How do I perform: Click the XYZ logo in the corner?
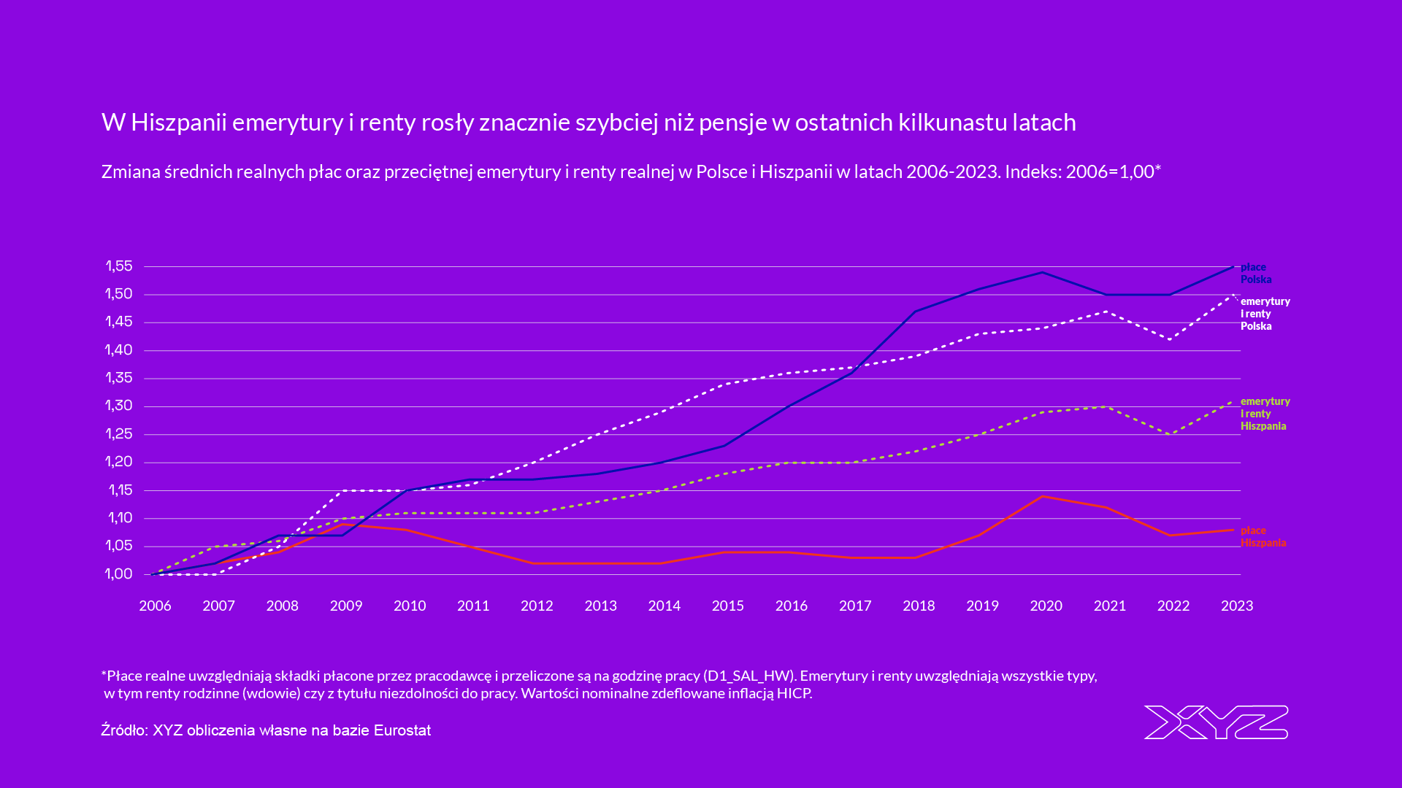1216,722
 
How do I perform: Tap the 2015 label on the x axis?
727,606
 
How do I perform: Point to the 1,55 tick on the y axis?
119,266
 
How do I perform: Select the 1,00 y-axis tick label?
119,574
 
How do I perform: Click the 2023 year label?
1236,606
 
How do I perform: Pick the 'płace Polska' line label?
1255,273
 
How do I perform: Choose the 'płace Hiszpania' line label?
1263,536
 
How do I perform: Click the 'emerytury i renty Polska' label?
1265,314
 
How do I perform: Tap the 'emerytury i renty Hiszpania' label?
1265,414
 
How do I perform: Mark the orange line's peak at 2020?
1042,496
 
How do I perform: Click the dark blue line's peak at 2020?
1042,272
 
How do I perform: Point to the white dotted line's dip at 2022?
1171,339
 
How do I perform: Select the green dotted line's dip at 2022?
1171,434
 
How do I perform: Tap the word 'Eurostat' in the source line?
402,730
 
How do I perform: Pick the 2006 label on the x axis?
155,606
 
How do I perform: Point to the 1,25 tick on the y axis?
119,434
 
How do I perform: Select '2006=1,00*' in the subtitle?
1113,172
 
